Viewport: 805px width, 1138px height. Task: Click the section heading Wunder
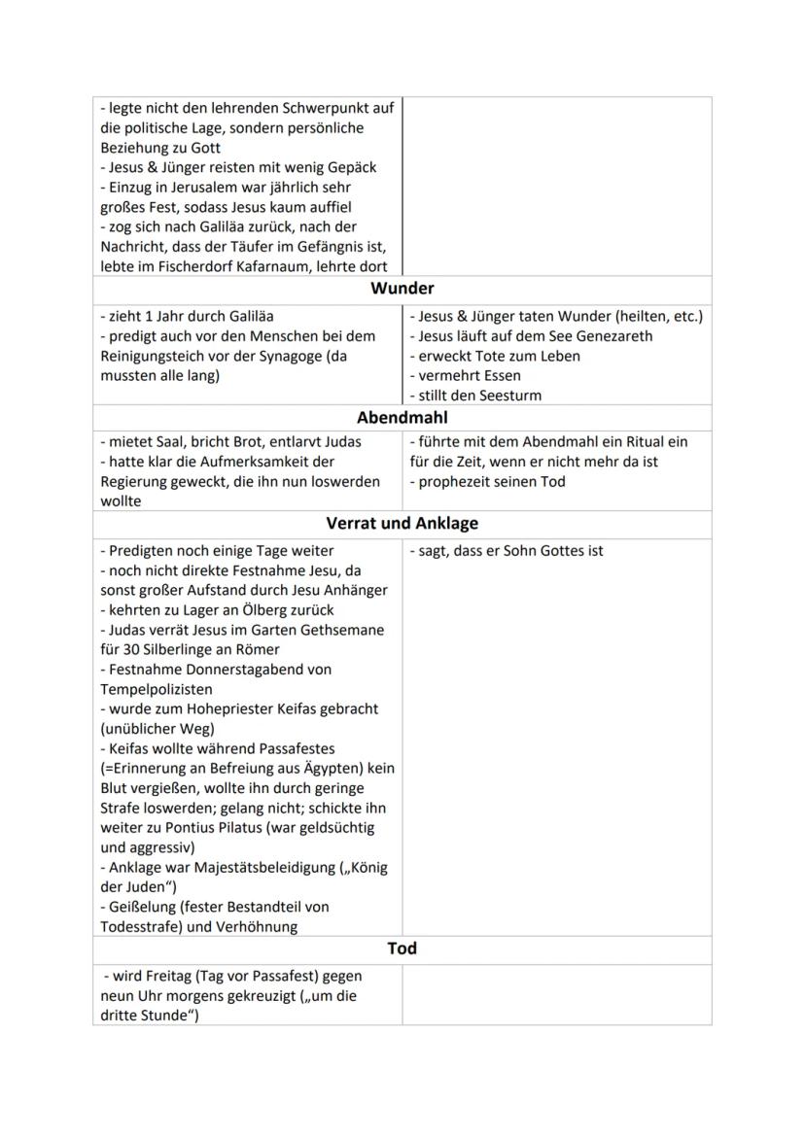pyautogui.click(x=402, y=289)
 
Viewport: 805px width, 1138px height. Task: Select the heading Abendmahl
pyautogui.click(x=402, y=418)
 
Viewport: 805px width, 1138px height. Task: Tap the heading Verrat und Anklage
pyautogui.click(x=402, y=524)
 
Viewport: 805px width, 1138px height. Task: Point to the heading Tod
pyautogui.click(x=402, y=948)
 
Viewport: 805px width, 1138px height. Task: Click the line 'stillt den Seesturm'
pyautogui.click(x=479, y=396)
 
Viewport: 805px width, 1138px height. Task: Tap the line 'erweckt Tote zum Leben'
pyautogui.click(x=499, y=356)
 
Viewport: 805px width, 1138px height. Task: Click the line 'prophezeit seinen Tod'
pyautogui.click(x=491, y=482)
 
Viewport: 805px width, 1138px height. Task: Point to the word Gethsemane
pyautogui.click(x=344, y=630)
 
